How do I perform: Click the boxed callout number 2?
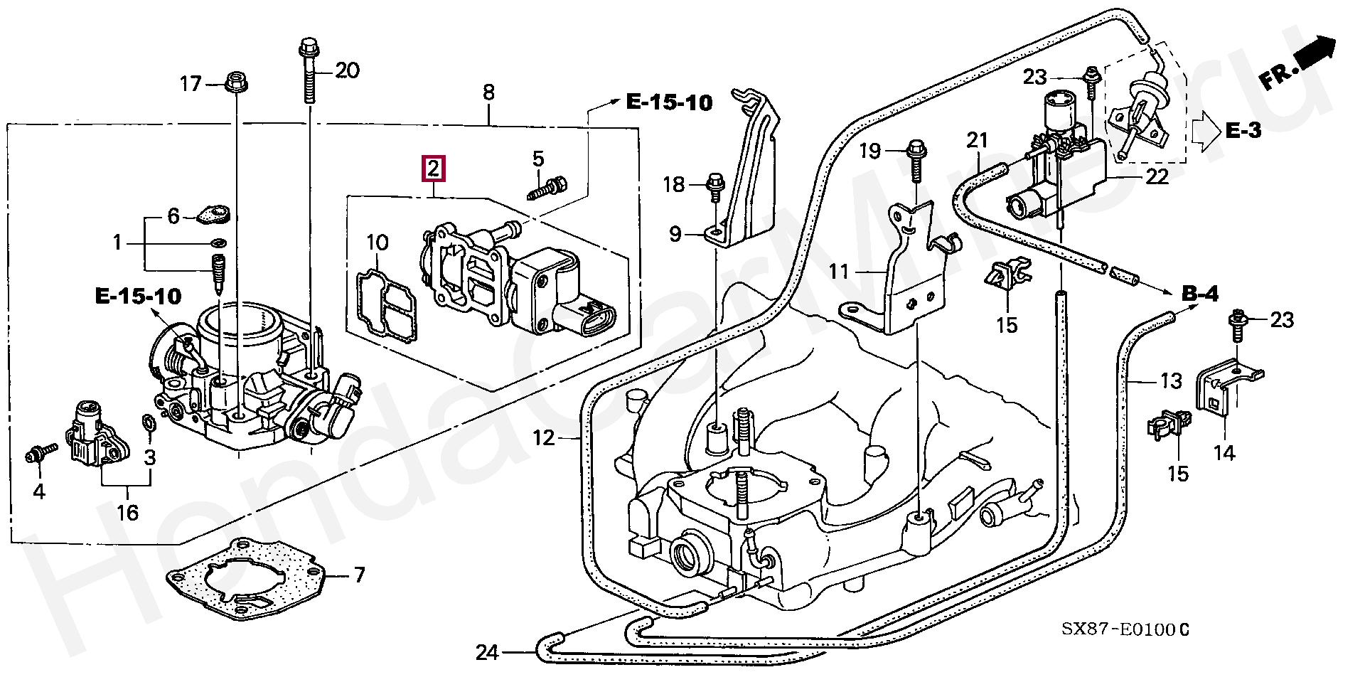(x=434, y=169)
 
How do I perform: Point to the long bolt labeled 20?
(x=309, y=71)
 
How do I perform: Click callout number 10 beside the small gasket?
(x=377, y=243)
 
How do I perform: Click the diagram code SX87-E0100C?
(x=1125, y=629)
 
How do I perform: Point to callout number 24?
(x=487, y=652)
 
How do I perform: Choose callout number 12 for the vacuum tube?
(x=544, y=437)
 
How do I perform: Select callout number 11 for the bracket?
(x=840, y=271)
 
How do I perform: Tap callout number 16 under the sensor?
(x=128, y=512)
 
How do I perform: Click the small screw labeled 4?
(x=35, y=453)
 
